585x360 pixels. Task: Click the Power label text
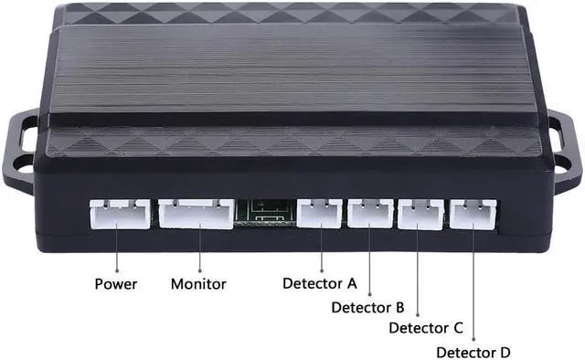(x=116, y=283)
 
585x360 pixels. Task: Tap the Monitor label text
(x=199, y=283)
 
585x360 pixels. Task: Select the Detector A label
(x=319, y=283)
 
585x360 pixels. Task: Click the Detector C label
(x=426, y=328)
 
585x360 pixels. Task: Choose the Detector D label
(x=473, y=352)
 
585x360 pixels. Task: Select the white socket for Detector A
(x=320, y=213)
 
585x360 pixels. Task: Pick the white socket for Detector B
(x=369, y=213)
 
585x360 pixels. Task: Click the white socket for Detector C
(x=420, y=213)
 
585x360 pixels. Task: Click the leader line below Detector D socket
(x=473, y=283)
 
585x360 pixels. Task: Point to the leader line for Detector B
(x=369, y=260)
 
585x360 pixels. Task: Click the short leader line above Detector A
(x=320, y=249)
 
